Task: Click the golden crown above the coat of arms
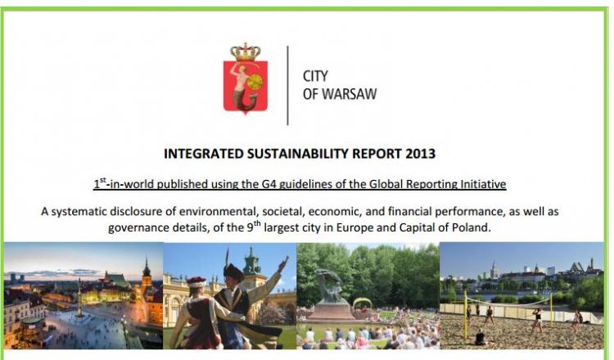(x=246, y=52)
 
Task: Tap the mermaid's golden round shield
(x=255, y=81)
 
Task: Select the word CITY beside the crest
(x=315, y=76)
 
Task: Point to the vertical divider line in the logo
(x=288, y=85)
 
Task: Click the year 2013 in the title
(x=421, y=153)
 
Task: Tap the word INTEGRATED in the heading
(x=204, y=153)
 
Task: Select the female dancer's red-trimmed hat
(x=196, y=281)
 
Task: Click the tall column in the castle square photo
(x=80, y=297)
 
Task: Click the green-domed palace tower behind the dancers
(x=252, y=261)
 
